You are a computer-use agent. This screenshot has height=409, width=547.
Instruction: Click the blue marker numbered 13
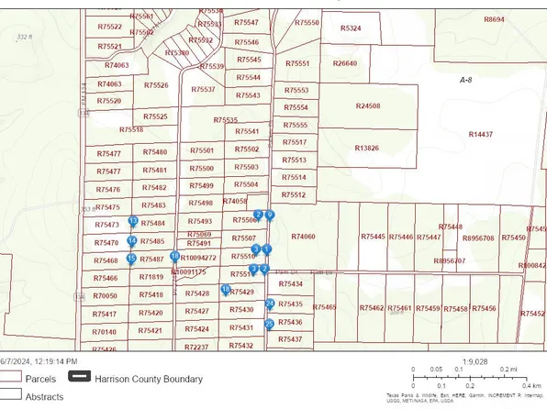(x=133, y=221)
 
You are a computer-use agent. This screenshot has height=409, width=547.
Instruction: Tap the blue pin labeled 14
(x=132, y=240)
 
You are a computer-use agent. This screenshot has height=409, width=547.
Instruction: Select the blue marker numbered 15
(x=131, y=259)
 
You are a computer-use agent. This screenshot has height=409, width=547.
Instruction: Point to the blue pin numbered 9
(x=270, y=215)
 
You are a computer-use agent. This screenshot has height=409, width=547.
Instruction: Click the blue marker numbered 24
(x=270, y=304)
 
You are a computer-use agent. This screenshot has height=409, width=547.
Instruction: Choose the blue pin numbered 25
(x=269, y=324)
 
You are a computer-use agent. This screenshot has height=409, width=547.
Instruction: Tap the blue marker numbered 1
(x=267, y=249)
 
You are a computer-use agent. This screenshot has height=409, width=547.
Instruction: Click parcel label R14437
(x=480, y=134)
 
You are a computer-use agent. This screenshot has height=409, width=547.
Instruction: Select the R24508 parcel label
(x=367, y=106)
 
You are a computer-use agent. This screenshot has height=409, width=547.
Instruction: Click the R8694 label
(x=494, y=19)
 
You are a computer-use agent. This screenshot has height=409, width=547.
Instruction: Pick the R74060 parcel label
(x=303, y=237)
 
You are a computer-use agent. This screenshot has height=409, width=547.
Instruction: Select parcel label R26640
(x=344, y=63)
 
